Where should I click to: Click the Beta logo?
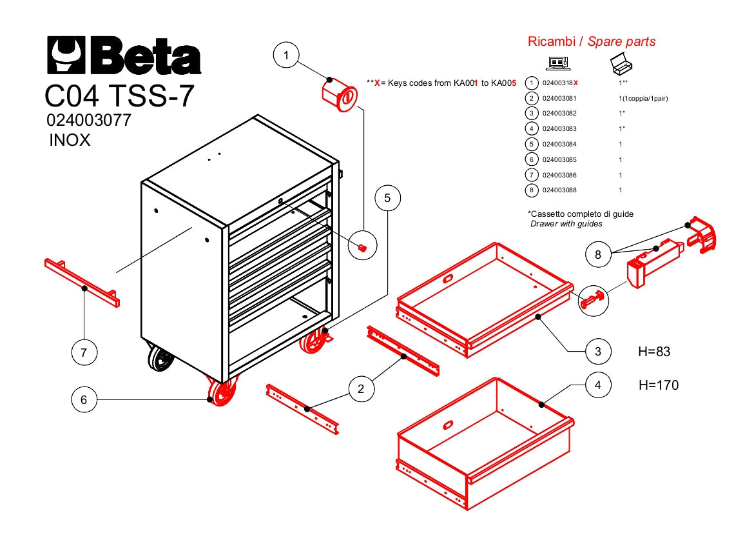[123, 55]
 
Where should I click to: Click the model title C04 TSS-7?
[119, 97]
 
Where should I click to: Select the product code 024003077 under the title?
[89, 121]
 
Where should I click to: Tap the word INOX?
[70, 140]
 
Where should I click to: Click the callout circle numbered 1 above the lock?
[287, 56]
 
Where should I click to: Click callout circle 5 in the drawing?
[387, 198]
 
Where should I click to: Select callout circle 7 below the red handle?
[84, 352]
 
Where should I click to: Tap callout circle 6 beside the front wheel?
[84, 400]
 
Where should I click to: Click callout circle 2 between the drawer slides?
[361, 388]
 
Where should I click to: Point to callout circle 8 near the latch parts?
[599, 255]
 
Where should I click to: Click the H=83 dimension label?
[654, 352]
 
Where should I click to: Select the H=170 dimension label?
[658, 385]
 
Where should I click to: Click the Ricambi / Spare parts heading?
[591, 42]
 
